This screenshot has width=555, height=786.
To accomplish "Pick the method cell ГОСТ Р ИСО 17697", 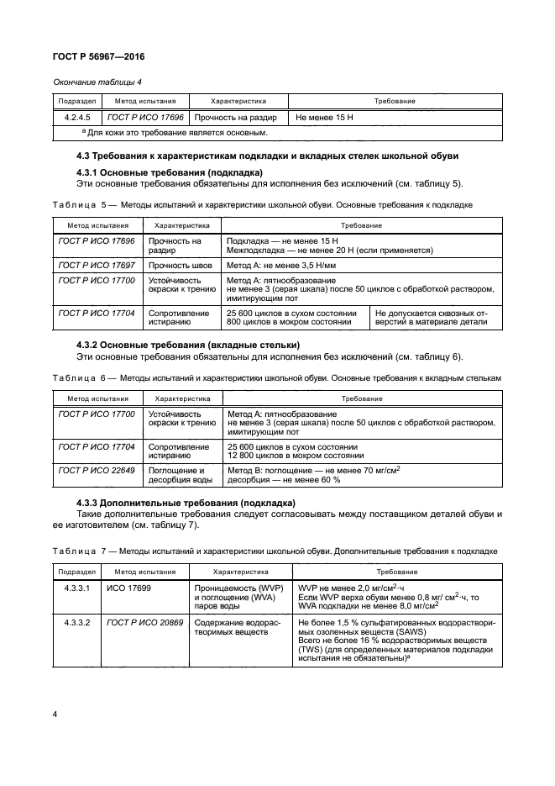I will (x=96, y=264).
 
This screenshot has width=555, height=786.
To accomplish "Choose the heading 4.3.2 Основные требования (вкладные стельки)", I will (x=188, y=345).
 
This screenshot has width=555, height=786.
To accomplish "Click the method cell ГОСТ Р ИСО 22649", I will (x=96, y=470).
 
